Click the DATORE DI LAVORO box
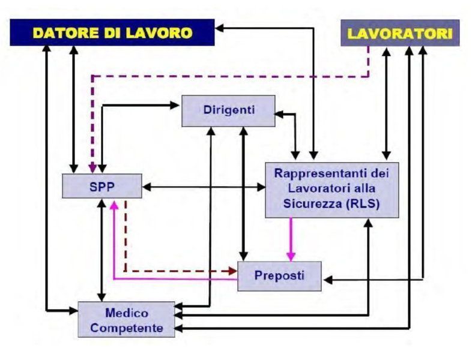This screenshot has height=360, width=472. (112, 32)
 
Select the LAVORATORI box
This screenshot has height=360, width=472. (400, 33)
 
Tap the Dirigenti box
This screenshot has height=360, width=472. (228, 110)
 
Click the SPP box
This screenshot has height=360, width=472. (102, 186)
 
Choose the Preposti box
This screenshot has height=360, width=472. (280, 276)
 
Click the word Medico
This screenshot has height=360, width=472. (127, 313)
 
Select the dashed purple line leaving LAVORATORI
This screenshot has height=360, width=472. (240, 76)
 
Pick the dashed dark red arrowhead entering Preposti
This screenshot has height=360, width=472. (233, 271)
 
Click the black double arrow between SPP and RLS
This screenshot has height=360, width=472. (204, 188)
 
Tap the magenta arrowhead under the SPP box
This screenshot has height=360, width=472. (113, 204)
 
